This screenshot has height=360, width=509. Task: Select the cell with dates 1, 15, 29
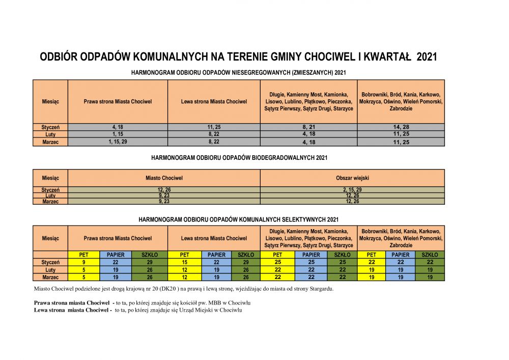coord(118,142)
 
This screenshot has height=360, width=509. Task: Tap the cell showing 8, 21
coord(308,127)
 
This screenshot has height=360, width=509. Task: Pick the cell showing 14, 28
coord(401,127)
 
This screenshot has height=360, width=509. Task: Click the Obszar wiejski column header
coord(352,178)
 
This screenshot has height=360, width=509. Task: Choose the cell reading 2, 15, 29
coord(352,189)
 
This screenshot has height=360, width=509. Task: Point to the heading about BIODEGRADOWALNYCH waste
coord(239,158)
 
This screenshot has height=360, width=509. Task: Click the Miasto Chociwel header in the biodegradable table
coord(164,178)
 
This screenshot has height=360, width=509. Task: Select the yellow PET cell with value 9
coord(83,262)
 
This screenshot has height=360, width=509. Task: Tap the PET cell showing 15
coord(184,262)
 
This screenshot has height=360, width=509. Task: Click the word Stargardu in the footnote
coord(320,289)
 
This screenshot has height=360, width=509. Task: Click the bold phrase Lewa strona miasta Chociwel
coord(72,310)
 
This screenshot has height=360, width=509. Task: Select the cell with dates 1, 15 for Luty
coord(118,134)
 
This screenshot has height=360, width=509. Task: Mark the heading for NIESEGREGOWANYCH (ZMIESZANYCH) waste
coord(239,72)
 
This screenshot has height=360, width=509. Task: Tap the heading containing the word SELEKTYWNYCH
coord(239,219)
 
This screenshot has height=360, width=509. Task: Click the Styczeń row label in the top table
coord(50,127)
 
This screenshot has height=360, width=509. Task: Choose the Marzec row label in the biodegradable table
coord(50,202)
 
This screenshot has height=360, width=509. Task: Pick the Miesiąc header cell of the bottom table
coord(50,238)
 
